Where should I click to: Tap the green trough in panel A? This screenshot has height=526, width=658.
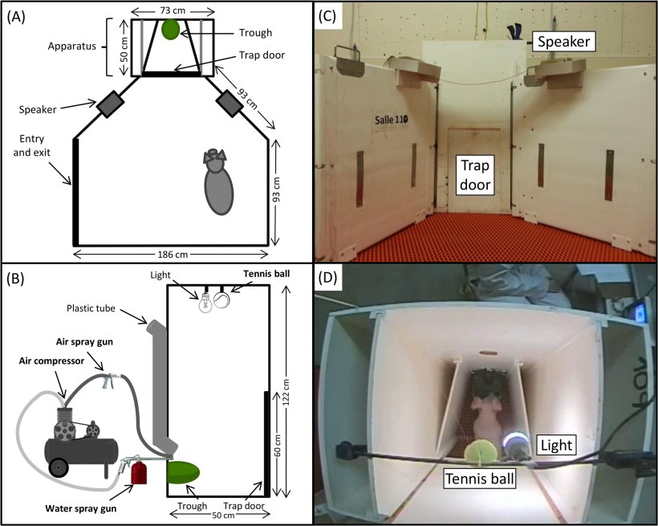[x=171, y=30]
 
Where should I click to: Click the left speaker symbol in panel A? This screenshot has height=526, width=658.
[x=110, y=104]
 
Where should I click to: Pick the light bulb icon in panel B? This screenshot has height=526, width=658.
[x=205, y=301]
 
